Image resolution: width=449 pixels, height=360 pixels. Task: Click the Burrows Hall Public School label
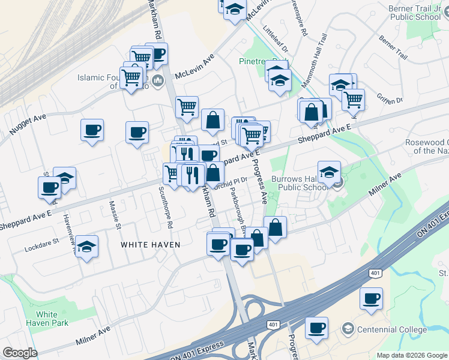[298, 182]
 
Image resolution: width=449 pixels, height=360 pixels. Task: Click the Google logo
[20, 353]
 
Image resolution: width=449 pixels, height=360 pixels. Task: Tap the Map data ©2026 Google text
[411, 355]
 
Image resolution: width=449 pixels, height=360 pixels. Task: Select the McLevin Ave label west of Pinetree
[195, 67]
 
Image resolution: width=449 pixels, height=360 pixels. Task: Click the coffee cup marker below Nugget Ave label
[92, 130]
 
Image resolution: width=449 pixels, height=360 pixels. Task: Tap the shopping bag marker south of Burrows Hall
[275, 227]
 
